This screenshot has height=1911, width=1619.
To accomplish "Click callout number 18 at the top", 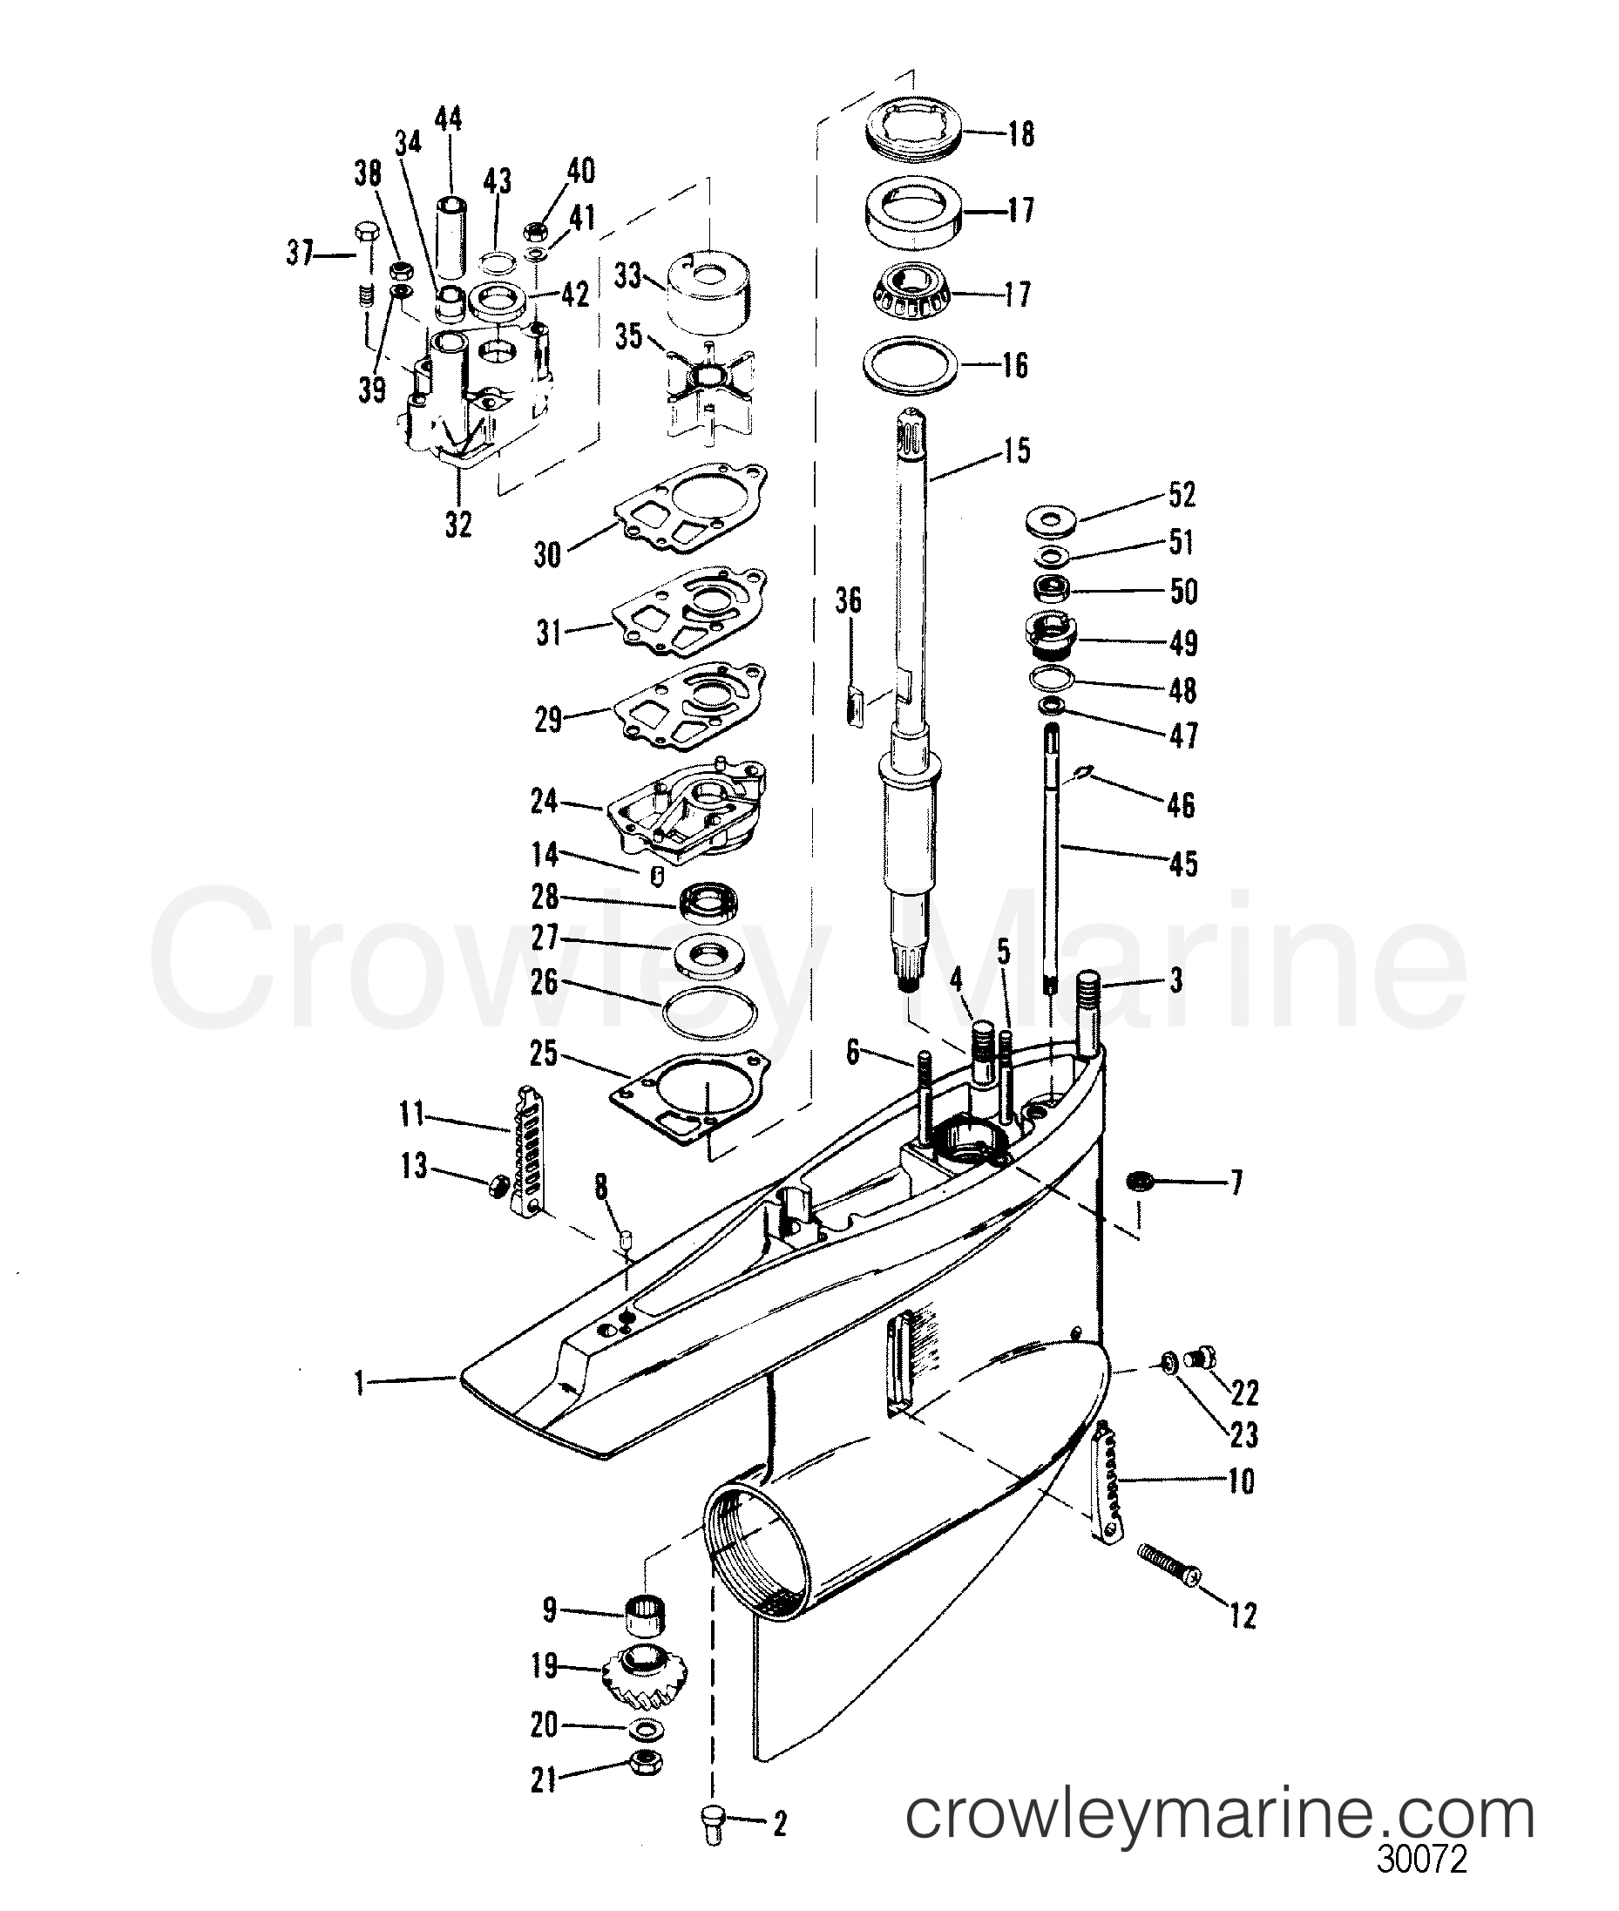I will (1020, 134).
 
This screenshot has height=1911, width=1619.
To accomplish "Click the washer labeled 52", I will (1050, 519).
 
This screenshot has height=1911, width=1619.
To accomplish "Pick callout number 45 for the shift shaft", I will (1183, 864).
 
